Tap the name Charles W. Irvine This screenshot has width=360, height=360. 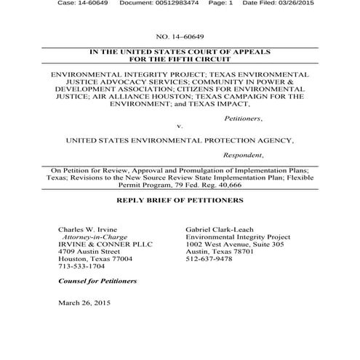tap(86, 228)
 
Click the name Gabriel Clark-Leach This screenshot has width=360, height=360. tap(223, 228)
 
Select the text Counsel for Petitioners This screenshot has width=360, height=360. tap(97, 281)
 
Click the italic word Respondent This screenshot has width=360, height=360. tap(243, 155)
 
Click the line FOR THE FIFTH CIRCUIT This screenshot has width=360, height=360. tap(179, 60)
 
